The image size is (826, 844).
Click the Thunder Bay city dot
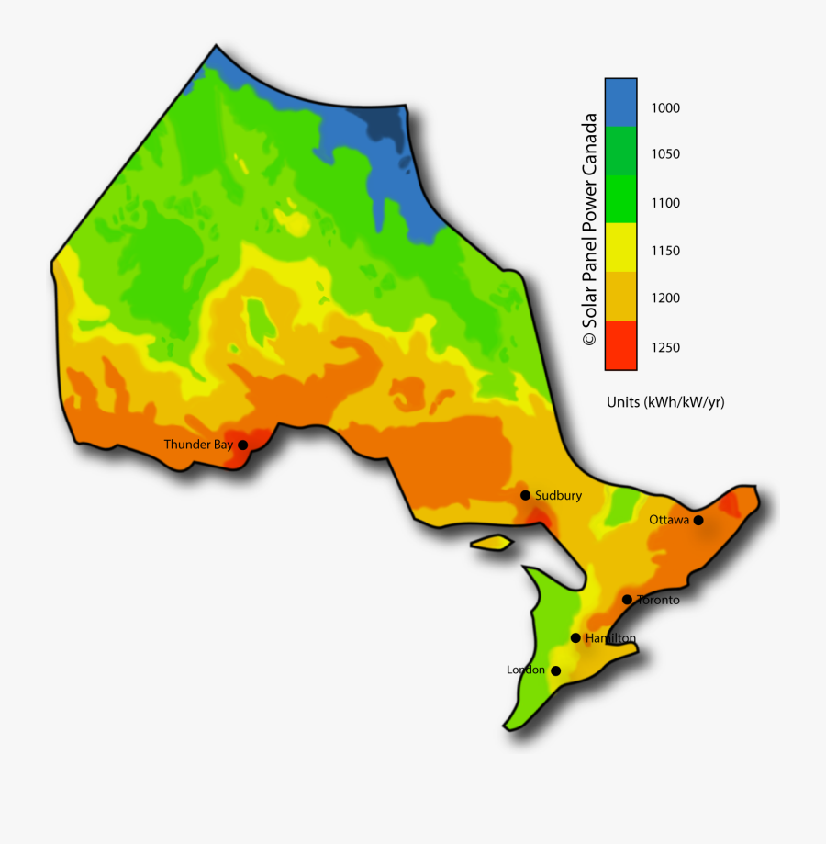[243, 445]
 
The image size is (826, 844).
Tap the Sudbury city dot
[526, 495]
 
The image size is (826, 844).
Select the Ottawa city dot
[698, 520]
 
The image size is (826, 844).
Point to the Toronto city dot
[627, 600]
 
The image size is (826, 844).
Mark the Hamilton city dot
[575, 637]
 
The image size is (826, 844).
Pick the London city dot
[555, 670]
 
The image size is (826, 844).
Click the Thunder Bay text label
[198, 445]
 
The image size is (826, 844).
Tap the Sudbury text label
[558, 495]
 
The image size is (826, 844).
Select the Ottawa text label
[669, 520]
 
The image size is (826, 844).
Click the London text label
[526, 670]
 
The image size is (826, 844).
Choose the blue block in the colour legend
[620, 100]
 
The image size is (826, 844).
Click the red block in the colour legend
[620, 345]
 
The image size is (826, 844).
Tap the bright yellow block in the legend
[620, 247]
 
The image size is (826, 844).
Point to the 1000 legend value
[666, 107]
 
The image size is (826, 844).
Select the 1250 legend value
[666, 347]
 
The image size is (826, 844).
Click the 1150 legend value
[666, 251]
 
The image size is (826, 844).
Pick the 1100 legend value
[666, 203]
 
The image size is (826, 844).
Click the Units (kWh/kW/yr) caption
[665, 402]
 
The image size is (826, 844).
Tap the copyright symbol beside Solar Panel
[589, 339]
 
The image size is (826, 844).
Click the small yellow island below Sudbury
[492, 543]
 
